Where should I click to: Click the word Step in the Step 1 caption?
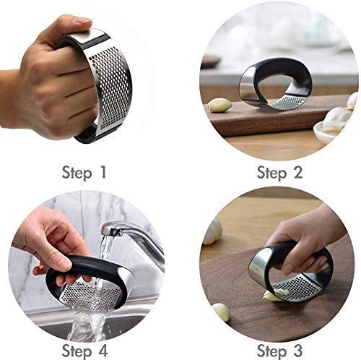coord(77,173)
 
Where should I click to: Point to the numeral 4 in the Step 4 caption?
coord(103,351)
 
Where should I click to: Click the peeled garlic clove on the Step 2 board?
coord(219,106)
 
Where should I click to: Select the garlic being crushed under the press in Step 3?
coord(274,295)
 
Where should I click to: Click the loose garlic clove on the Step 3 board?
coord(222,312)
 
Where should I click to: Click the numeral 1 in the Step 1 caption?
coord(103,172)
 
